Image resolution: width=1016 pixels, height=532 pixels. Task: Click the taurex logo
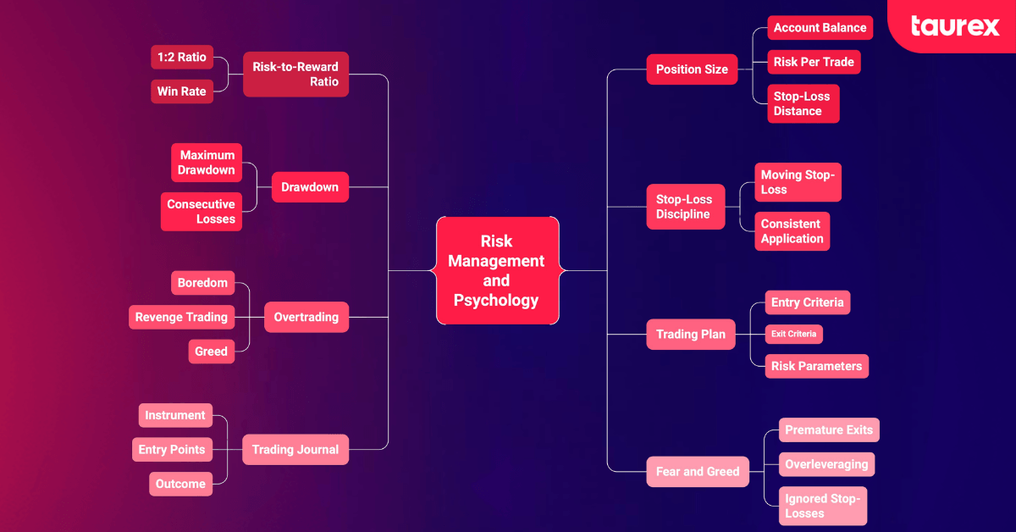click(x=955, y=26)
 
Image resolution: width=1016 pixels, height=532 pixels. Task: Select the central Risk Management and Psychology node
click(x=497, y=270)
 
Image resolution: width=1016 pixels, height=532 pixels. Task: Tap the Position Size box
click(x=692, y=69)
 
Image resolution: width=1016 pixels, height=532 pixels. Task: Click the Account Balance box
click(x=819, y=28)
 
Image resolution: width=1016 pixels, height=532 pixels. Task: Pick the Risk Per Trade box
click(x=814, y=62)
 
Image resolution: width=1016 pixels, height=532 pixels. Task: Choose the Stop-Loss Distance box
click(x=803, y=103)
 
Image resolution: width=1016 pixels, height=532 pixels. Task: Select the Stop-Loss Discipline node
click(x=685, y=207)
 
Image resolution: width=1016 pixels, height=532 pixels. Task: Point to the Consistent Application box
click(x=792, y=231)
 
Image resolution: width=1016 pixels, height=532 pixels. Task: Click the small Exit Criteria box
click(x=793, y=334)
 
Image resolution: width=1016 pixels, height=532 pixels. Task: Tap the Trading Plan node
click(x=690, y=334)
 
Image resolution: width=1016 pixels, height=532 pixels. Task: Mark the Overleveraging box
click(x=826, y=464)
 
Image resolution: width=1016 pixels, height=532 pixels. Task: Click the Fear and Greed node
click(x=698, y=471)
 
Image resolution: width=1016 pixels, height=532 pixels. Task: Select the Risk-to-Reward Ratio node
click(x=295, y=75)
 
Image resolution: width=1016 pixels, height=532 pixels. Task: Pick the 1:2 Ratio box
click(x=182, y=58)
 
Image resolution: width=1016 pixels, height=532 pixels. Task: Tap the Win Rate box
click(x=182, y=91)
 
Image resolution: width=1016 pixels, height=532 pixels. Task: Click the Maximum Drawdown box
click(x=207, y=163)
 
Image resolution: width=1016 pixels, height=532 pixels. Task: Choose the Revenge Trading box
click(x=181, y=317)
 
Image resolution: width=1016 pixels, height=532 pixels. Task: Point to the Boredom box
click(x=202, y=283)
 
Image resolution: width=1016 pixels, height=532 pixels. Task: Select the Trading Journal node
click(x=295, y=450)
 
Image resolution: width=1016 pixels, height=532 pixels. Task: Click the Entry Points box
click(x=172, y=450)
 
